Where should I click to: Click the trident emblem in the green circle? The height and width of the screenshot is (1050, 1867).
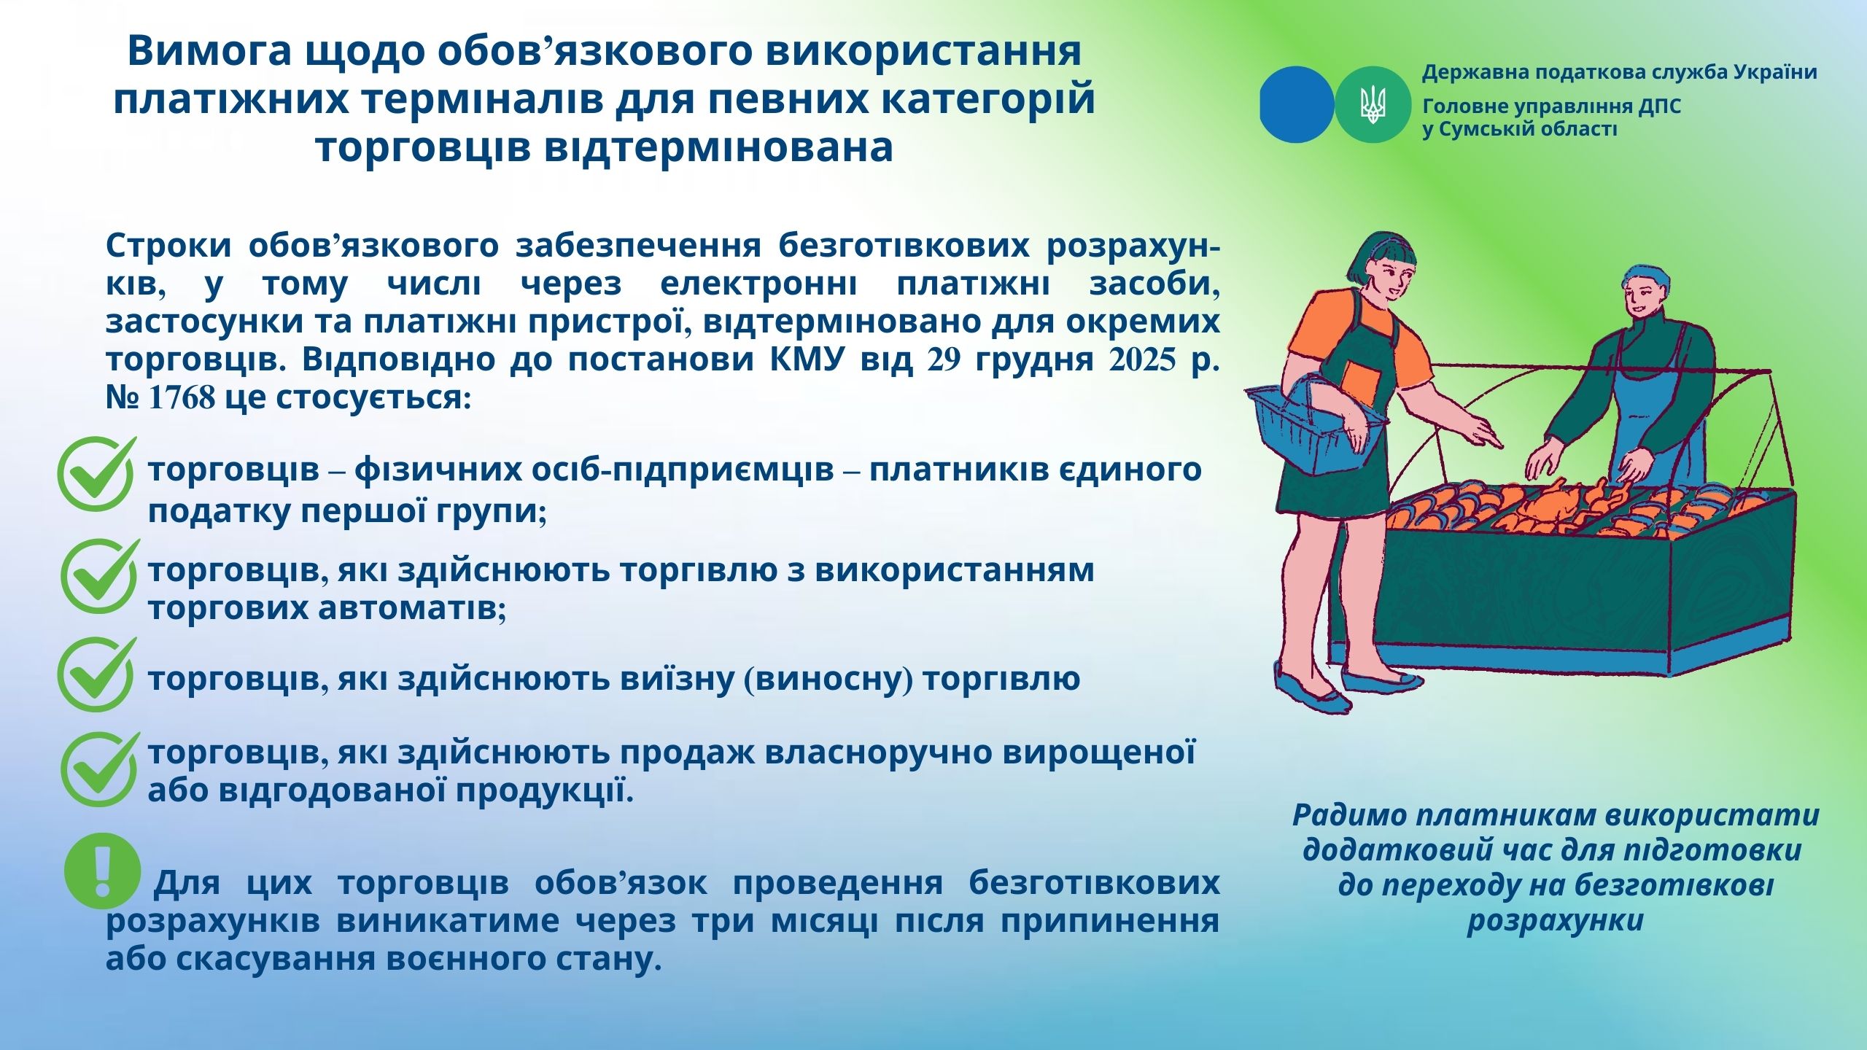[x=1372, y=104]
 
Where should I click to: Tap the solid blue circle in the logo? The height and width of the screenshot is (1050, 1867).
[x=1297, y=104]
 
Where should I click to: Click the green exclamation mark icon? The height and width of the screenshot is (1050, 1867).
[x=102, y=871]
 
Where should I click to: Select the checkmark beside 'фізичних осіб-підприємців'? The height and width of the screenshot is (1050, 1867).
[x=97, y=472]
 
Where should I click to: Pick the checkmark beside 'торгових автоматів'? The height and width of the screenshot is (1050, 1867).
[x=100, y=575]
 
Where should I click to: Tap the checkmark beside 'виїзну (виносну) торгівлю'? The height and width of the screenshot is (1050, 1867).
[x=97, y=674]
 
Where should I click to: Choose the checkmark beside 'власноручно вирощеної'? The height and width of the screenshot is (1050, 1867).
[x=100, y=769]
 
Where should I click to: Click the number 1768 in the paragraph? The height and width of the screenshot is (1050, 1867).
[x=182, y=398]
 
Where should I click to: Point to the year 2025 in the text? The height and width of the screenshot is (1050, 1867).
[x=1141, y=360]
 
